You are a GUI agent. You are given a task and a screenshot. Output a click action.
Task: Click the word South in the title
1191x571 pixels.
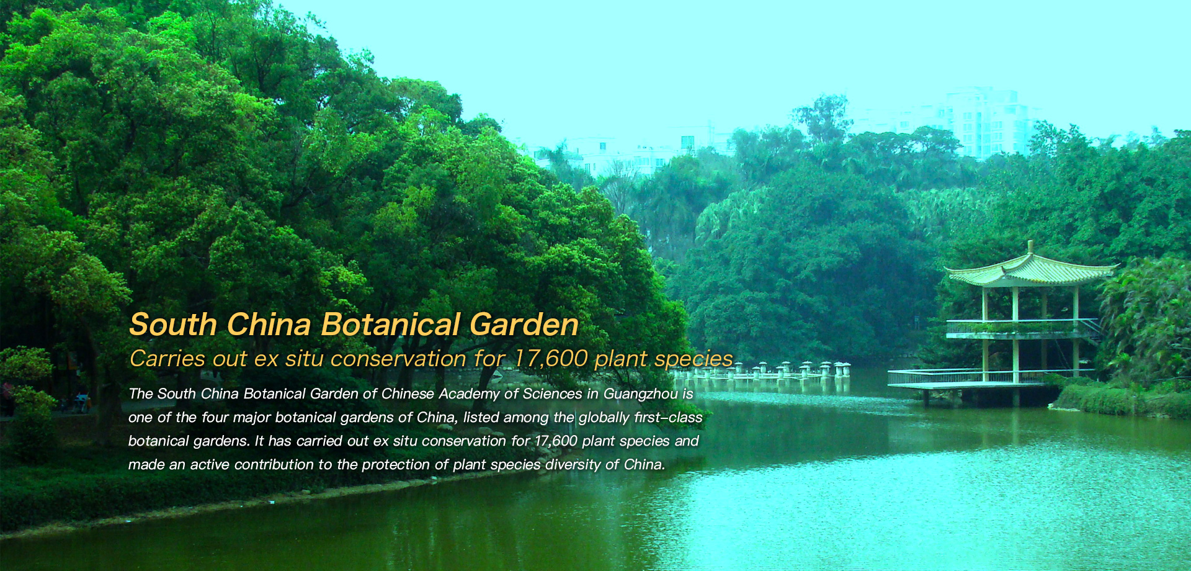[x=173, y=325]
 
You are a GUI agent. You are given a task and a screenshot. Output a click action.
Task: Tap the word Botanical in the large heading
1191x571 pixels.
[x=390, y=325]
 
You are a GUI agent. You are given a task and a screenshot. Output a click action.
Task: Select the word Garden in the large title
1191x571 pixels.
[x=524, y=325]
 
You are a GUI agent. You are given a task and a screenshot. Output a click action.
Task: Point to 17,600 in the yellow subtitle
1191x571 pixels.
[x=550, y=359]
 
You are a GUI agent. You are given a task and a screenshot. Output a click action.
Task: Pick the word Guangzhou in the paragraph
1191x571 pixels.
[x=640, y=394]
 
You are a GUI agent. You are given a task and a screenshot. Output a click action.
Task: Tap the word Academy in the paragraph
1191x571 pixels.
[x=469, y=394]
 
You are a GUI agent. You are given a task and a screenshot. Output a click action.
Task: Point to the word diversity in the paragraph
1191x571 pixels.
[x=573, y=465]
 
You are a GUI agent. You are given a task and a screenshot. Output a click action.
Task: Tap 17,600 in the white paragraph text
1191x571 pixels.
[x=556, y=441]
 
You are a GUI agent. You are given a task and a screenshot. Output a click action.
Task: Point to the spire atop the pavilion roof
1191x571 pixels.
[x=1030, y=247]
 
